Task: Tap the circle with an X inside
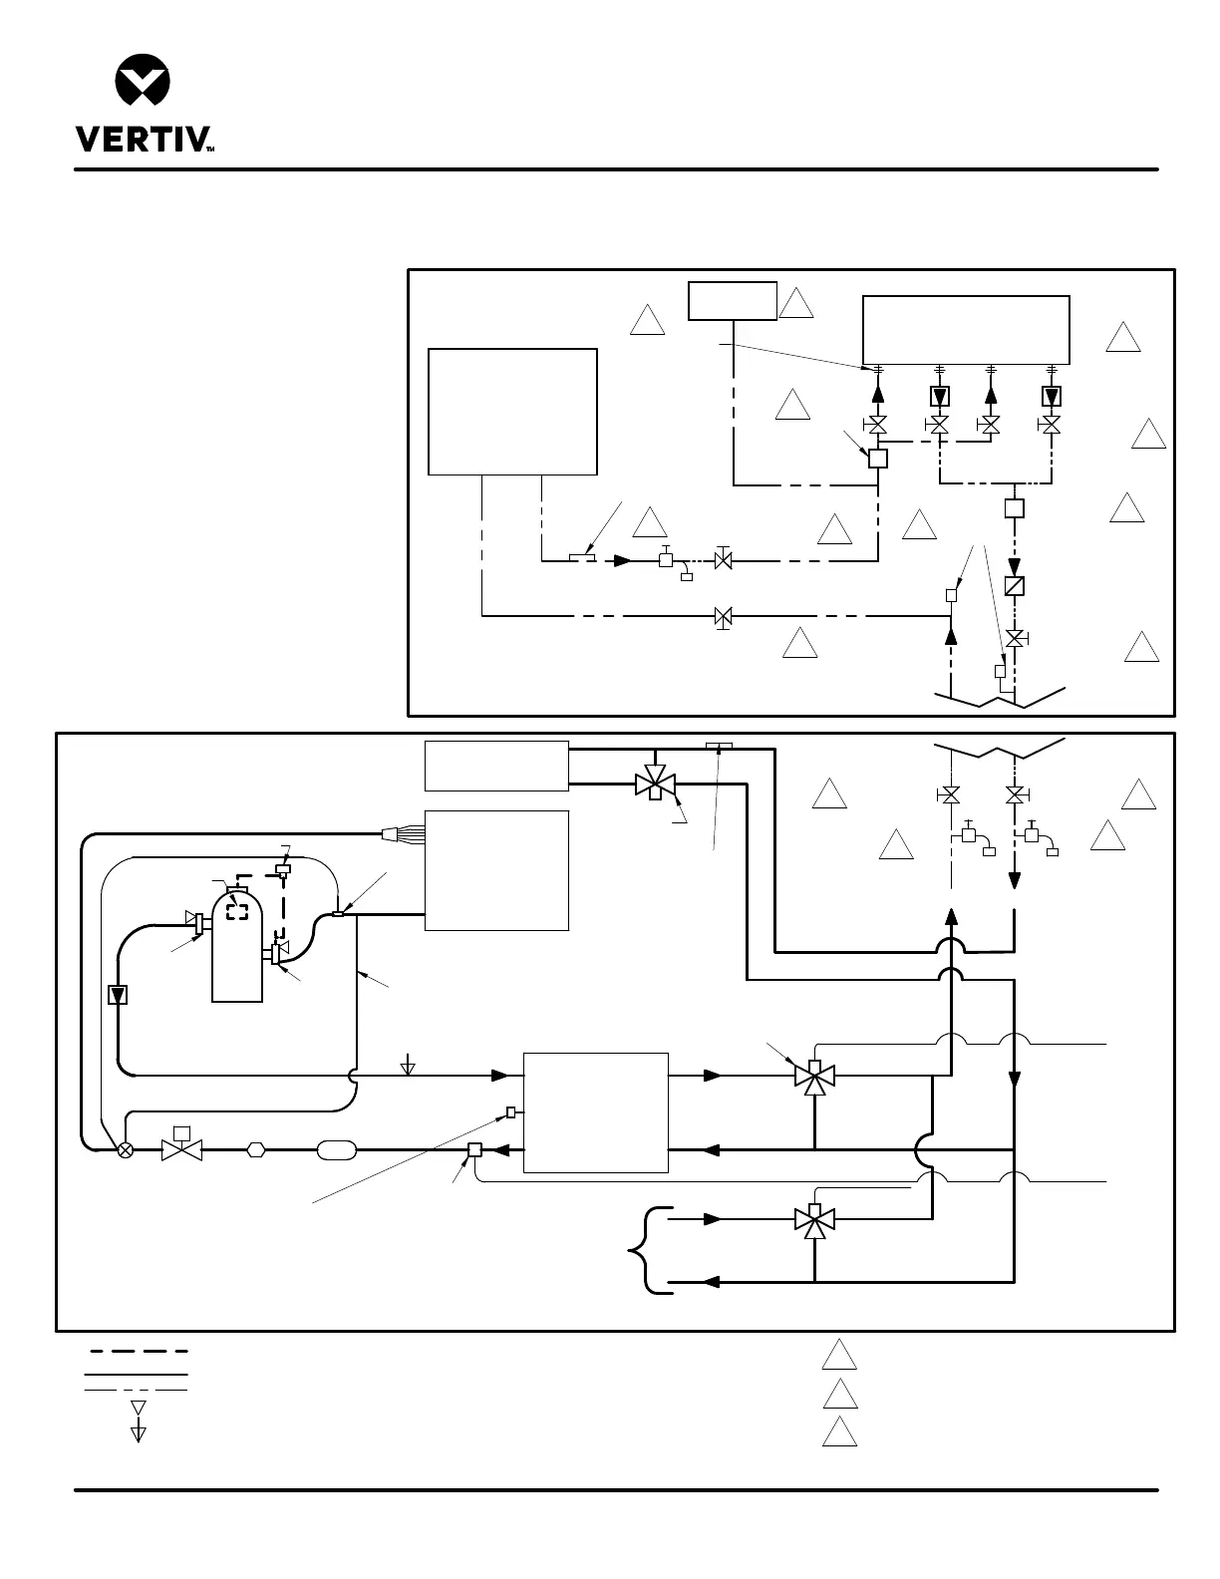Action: pos(126,1149)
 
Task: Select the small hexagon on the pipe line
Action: pos(256,1149)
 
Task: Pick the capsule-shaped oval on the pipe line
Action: pos(335,1149)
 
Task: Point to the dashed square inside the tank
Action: pos(237,910)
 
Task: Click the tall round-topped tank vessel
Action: pos(237,947)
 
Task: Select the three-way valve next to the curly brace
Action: pos(814,1219)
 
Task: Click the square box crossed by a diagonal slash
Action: pos(1014,586)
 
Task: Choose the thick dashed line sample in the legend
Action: pos(139,1352)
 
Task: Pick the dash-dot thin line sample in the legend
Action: pos(136,1390)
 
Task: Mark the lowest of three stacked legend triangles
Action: pos(840,1432)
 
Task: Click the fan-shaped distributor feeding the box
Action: pos(403,831)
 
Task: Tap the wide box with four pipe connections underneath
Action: pos(965,330)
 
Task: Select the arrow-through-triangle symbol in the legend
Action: pos(139,1421)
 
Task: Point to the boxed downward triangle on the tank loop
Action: pos(117,994)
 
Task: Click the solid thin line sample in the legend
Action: pos(136,1374)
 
